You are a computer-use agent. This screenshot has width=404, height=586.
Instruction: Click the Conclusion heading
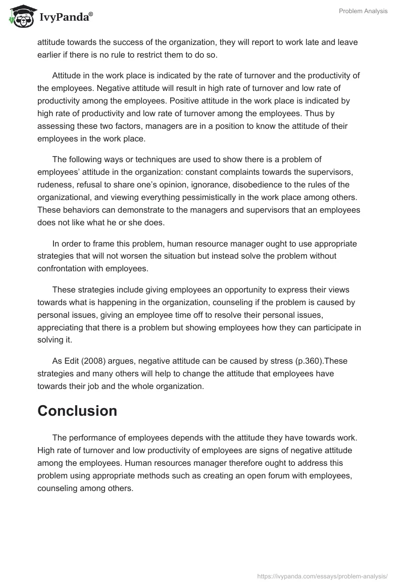click(x=77, y=411)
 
